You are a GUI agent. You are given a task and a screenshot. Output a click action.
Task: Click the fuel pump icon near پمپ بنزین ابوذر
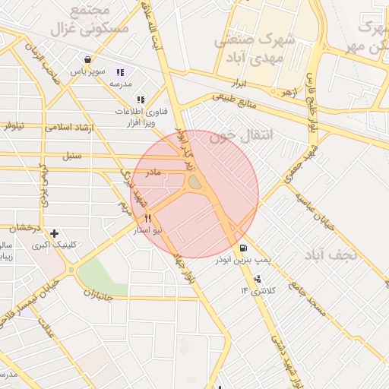pos(243,248)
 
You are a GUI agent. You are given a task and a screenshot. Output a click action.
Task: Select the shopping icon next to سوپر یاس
pos(89,60)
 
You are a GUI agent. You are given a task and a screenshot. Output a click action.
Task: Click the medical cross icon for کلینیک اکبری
pos(53,233)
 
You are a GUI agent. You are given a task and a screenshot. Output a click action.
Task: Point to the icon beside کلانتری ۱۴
pos(258,279)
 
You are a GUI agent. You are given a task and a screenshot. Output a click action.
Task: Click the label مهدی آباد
pos(250,57)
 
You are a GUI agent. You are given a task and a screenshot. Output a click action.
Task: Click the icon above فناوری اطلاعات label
pos(140,99)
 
